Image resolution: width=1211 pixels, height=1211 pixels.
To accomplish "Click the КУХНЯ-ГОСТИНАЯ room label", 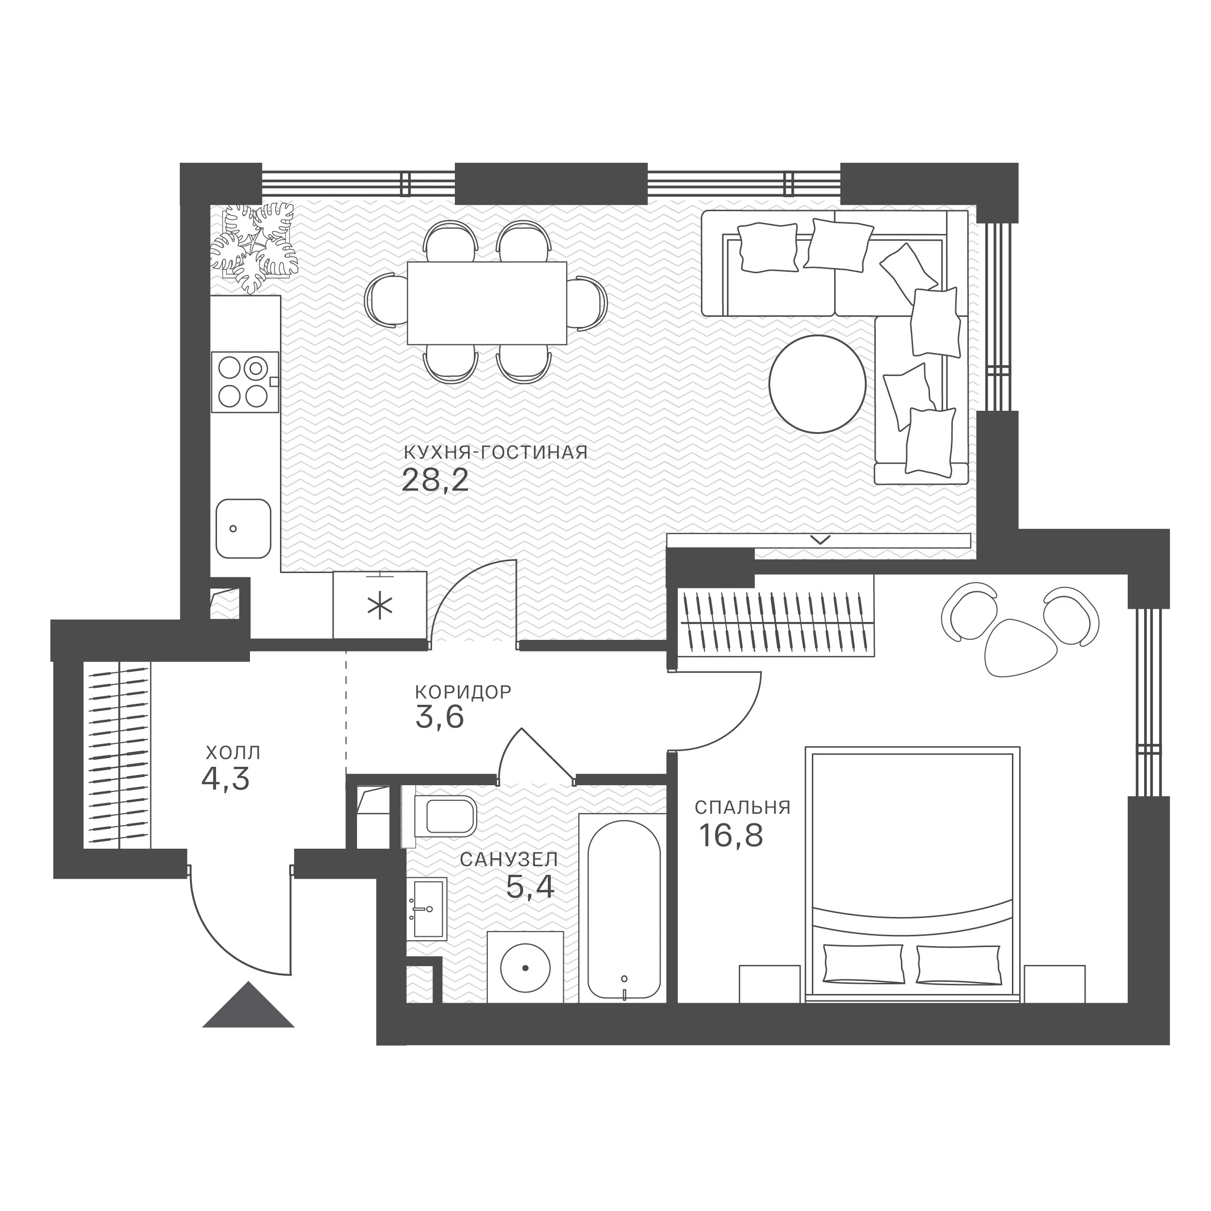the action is (495, 452).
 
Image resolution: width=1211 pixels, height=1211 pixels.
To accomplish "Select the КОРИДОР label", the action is (463, 692).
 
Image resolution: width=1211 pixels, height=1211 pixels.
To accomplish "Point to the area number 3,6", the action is (439, 718).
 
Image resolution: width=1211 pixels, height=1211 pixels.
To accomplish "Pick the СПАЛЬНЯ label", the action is (743, 807).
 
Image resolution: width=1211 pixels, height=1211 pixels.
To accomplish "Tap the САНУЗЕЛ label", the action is (509, 859).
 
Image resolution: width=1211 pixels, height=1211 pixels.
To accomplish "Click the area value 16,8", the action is (731, 836).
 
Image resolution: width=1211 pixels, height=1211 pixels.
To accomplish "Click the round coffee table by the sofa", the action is (817, 384).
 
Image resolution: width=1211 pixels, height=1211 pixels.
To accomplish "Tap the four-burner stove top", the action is (245, 382).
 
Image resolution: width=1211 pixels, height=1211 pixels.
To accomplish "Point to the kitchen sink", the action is (243, 528).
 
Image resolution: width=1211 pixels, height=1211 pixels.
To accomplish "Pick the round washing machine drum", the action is (525, 968).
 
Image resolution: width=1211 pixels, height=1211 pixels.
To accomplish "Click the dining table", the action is (487, 303).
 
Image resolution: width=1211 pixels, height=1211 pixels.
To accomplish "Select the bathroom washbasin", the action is (426, 909).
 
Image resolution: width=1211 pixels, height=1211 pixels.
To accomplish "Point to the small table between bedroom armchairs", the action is (1021, 648).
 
